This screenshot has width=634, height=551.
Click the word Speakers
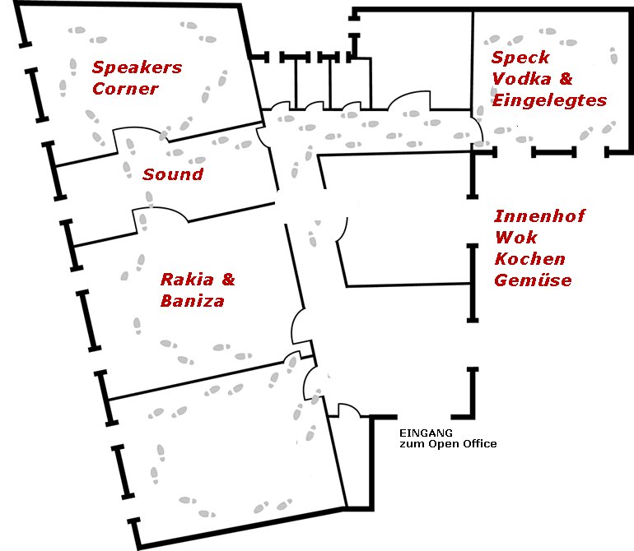point(137,67)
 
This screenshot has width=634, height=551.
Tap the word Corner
point(125,89)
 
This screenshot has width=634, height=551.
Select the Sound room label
point(173,174)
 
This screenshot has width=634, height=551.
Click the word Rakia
point(187,280)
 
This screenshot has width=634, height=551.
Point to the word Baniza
point(193,301)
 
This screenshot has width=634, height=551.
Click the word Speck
point(520,58)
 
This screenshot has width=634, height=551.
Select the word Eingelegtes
point(549,100)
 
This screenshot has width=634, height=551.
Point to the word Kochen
point(529,259)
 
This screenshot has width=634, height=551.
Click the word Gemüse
point(533,280)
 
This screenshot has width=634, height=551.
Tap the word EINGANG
point(425,433)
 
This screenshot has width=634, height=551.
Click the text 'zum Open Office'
point(448,444)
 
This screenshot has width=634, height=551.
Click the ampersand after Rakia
point(227,280)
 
